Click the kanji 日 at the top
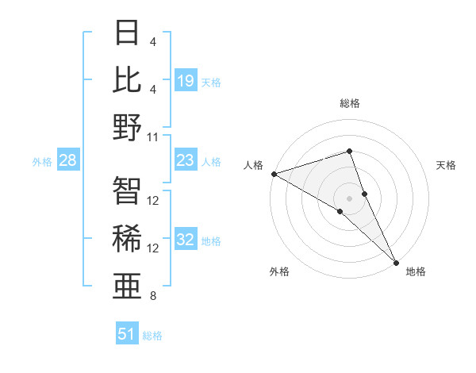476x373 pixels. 128,34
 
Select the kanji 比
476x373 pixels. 128,79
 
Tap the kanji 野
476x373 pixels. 128,127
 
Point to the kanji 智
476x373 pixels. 128,190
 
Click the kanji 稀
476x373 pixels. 128,238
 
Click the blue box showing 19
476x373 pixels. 186,80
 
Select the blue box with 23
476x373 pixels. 186,161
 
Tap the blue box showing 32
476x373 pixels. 186,240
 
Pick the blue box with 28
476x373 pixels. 68,161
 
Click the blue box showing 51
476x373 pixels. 127,334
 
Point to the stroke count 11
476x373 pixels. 154,137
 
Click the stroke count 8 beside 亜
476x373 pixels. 153,296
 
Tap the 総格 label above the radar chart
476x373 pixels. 350,102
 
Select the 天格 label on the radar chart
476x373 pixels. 447,165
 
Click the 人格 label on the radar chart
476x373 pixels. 253,165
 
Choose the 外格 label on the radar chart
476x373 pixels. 278,271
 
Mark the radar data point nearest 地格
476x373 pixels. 396,262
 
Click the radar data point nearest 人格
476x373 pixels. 274,174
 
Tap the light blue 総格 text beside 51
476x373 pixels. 153,336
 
